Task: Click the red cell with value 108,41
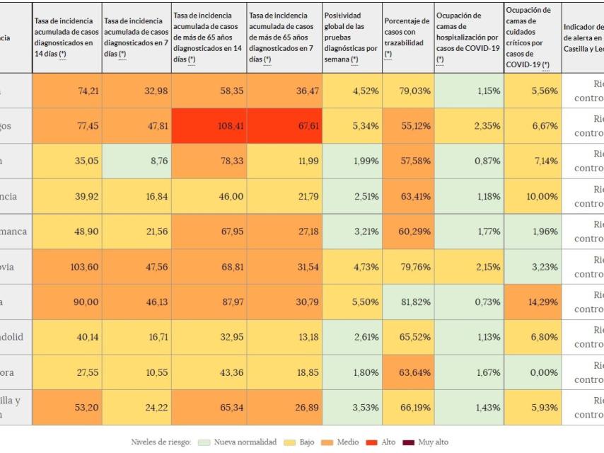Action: (209, 126)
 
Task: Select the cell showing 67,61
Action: (284, 126)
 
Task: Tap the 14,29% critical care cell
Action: (533, 302)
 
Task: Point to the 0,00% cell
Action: (533, 372)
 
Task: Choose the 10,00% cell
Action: (533, 196)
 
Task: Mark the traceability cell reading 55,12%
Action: (408, 126)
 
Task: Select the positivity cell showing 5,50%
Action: (351, 302)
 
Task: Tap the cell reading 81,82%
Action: (408, 302)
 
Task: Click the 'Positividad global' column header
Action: (351, 38)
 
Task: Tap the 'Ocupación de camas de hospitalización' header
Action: (468, 38)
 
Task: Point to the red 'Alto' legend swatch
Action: (370, 442)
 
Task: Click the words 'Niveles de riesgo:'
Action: (161, 442)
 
